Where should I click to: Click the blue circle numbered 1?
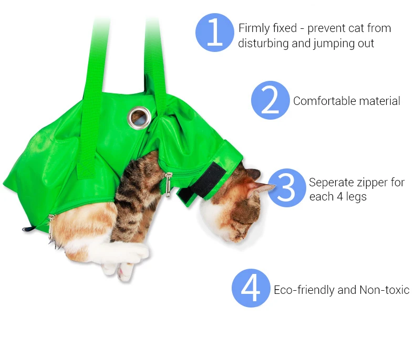(x=215, y=33)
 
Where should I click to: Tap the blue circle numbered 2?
(x=270, y=100)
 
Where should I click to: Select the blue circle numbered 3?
(x=287, y=188)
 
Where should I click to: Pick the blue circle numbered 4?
(x=251, y=288)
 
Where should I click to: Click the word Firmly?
(x=254, y=28)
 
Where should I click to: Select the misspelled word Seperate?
(x=331, y=183)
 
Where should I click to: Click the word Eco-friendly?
(x=304, y=290)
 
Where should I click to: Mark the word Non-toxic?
(x=385, y=290)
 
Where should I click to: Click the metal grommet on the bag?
(x=139, y=118)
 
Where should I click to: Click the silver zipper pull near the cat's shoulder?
(x=168, y=184)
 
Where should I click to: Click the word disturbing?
(x=263, y=43)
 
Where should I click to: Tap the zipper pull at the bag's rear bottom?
(x=50, y=227)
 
